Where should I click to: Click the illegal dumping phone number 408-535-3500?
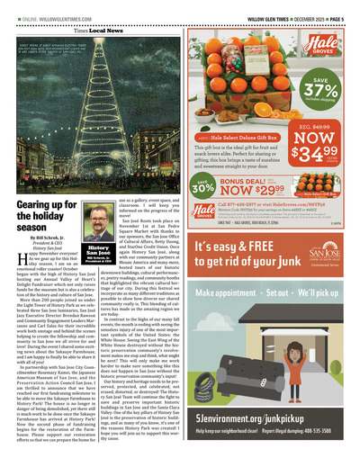pyautogui.click(x=328, y=435)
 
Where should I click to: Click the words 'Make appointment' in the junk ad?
pyautogui.click(x=228, y=292)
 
